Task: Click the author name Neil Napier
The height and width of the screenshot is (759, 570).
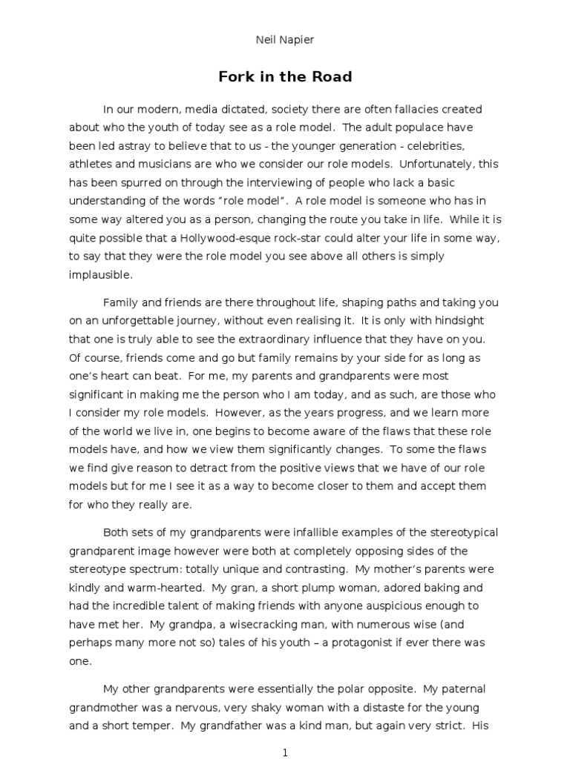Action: [x=285, y=40]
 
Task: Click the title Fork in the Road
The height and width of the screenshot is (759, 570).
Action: [x=285, y=76]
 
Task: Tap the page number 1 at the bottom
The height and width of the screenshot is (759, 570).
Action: [x=285, y=753]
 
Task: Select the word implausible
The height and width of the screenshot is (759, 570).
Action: [x=101, y=274]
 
